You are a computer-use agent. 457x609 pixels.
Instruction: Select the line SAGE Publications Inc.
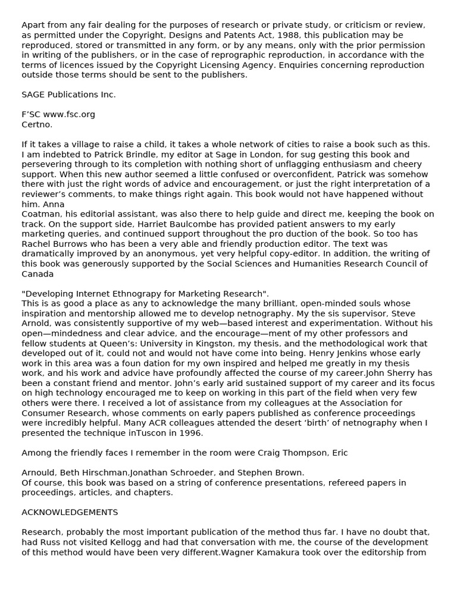tap(68, 95)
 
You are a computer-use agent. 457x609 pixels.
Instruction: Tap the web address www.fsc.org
tap(69, 114)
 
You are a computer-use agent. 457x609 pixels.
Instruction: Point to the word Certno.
tap(37, 124)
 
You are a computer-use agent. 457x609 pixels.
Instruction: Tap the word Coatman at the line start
tap(39, 214)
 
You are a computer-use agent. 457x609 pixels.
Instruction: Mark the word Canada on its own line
tap(37, 274)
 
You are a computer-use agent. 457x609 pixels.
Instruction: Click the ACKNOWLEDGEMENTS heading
tap(70, 513)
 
